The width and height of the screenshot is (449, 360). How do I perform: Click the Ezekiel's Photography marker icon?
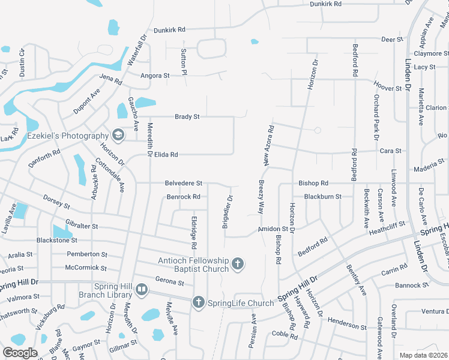pos(118,136)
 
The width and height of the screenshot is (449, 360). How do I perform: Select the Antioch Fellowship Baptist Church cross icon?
pos(238,264)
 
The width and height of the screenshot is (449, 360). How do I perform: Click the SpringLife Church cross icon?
pos(199,303)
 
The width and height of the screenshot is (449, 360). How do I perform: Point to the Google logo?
pos(20,353)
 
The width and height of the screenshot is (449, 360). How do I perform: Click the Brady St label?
pos(187,117)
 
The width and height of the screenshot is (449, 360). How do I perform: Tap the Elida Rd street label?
pos(166,155)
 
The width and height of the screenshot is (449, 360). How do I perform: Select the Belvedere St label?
pos(184,183)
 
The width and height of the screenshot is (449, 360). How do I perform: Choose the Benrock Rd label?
pos(183,196)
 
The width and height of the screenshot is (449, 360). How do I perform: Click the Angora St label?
pos(155,76)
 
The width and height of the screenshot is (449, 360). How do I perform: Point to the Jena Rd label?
pos(110,79)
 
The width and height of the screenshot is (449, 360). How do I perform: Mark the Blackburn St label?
pos(322,196)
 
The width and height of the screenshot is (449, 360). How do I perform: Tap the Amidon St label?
pos(273,229)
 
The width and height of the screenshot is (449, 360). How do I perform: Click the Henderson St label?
pos(346,326)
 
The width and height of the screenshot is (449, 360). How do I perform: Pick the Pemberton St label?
pos(86,254)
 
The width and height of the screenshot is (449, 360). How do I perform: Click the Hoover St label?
pos(387,88)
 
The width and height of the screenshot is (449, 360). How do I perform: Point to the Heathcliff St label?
pos(387,227)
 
